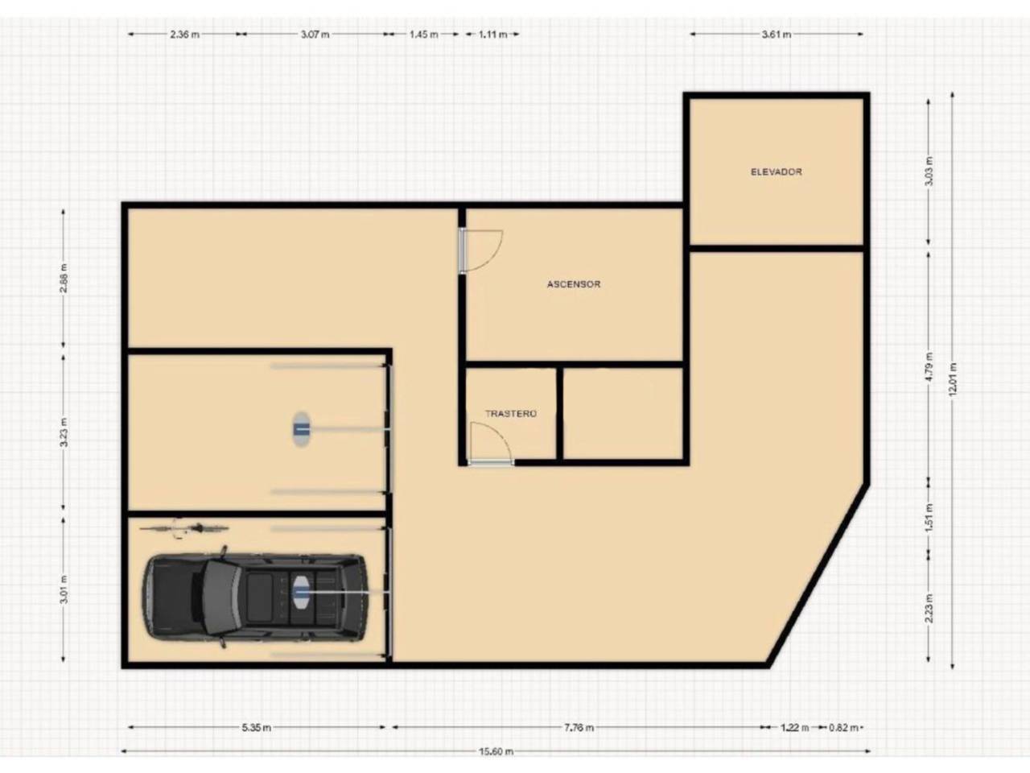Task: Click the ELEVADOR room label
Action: coord(777,172)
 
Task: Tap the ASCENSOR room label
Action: coord(574,284)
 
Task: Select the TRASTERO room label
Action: coord(510,414)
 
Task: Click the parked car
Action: coord(255,597)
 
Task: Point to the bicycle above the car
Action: coord(184,528)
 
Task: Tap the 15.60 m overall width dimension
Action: coord(496,751)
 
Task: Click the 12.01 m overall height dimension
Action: coord(952,380)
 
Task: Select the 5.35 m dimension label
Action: coord(256,727)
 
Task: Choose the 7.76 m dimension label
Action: coord(579,727)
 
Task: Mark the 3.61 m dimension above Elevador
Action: coord(777,35)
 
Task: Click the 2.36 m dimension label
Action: coord(184,35)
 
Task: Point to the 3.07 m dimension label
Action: coord(315,35)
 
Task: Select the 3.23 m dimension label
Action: coord(64,432)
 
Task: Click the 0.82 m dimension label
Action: coord(843,727)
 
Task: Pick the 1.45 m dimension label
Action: coord(424,35)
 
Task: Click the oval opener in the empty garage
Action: coord(302,429)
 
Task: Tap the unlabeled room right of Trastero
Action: coord(622,413)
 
